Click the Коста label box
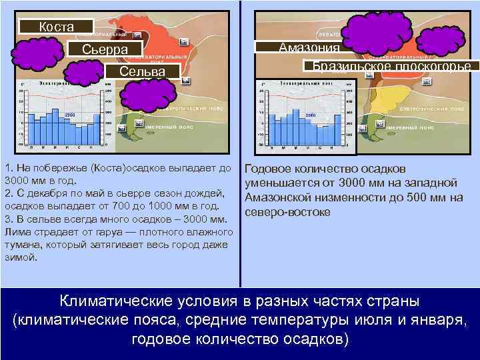click(56, 27)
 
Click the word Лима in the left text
click(15, 232)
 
